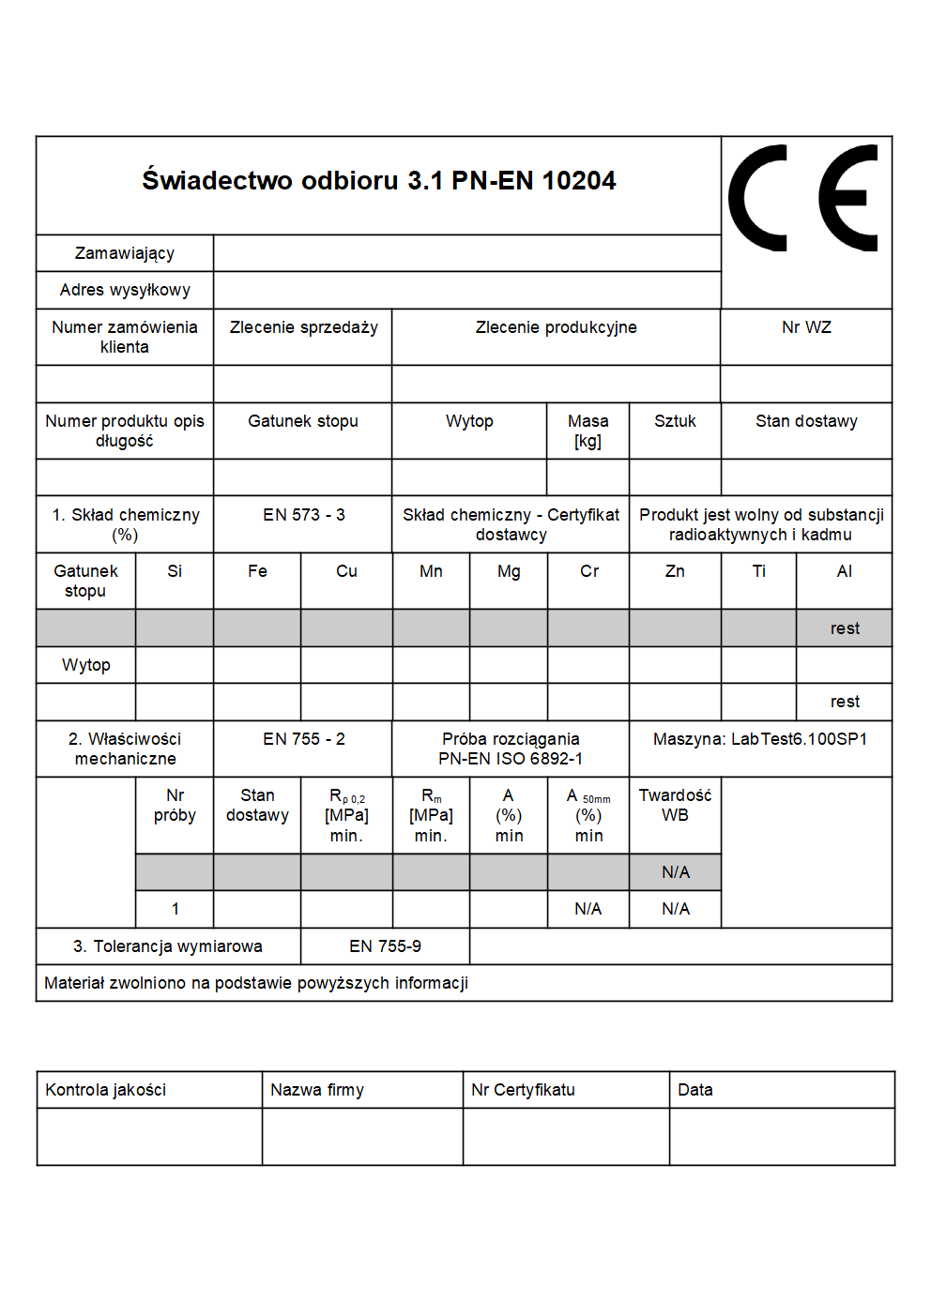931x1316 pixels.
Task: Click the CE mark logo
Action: [804, 199]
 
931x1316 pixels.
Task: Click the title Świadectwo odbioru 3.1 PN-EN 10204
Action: [378, 180]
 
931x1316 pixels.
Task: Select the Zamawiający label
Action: [125, 253]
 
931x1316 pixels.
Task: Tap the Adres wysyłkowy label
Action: [125, 290]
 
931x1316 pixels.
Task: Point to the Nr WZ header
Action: [806, 327]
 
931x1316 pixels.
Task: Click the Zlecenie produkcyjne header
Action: [556, 327]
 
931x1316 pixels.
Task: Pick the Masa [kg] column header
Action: [588, 431]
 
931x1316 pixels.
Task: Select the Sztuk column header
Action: [675, 421]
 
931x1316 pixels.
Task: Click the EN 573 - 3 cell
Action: [303, 515]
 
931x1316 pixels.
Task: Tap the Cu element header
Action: [346, 571]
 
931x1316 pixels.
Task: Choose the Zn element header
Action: [675, 571]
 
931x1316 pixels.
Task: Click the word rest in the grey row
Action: [845, 628]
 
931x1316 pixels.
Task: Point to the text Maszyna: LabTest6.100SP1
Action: [759, 739]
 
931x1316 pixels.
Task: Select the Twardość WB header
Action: [675, 805]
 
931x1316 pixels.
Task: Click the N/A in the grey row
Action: [675, 872]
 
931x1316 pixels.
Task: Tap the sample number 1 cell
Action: [176, 909]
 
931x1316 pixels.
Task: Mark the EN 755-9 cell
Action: [385, 946]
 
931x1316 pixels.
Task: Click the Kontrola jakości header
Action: [105, 1090]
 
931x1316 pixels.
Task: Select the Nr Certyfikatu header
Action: [523, 1090]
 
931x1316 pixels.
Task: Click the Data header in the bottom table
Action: [694, 1090]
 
